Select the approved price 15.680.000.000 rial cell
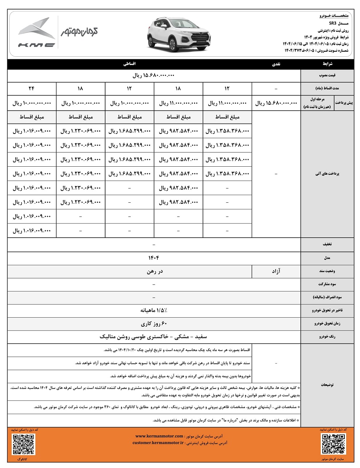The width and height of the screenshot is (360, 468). (x=153, y=76)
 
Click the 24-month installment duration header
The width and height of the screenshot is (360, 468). (x=32, y=89)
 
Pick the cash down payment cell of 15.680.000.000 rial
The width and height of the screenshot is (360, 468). (x=276, y=103)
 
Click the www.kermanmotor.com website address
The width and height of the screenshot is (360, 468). (x=159, y=436)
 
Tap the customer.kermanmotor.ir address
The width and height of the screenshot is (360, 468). (x=158, y=443)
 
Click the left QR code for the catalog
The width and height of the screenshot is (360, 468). (x=23, y=444)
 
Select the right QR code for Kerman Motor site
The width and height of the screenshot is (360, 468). (x=333, y=444)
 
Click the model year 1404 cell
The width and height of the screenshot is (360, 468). (x=153, y=258)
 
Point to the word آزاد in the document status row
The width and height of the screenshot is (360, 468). (x=276, y=271)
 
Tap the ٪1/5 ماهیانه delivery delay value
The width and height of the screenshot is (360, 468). (x=154, y=310)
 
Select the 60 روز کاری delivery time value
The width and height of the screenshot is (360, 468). (x=154, y=324)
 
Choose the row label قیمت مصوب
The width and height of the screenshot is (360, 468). (x=327, y=76)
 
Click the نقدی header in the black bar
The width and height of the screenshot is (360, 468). (x=276, y=64)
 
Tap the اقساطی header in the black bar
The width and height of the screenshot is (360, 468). (x=130, y=64)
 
